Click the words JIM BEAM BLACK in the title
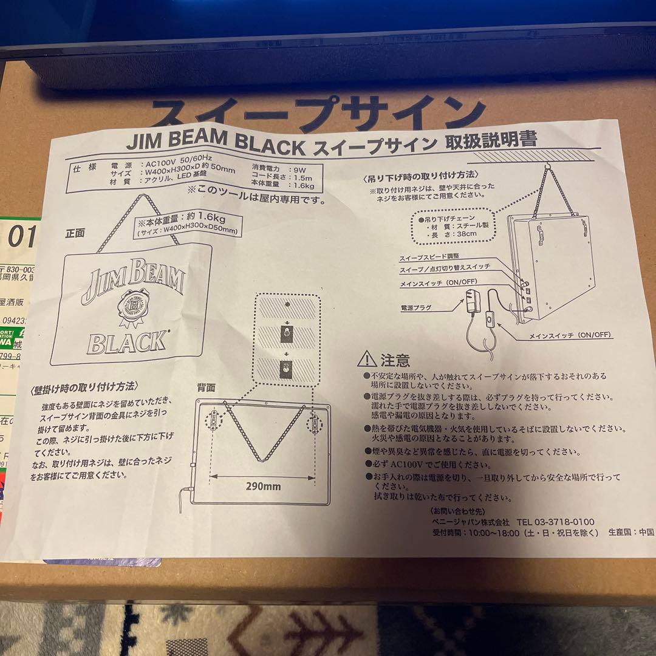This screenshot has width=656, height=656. pos(215,145)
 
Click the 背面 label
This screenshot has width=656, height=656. pos(206,387)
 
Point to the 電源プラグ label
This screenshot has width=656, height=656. pos(416,308)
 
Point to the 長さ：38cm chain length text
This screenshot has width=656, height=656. pos(449,233)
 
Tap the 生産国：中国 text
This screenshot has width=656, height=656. pos(630,532)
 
